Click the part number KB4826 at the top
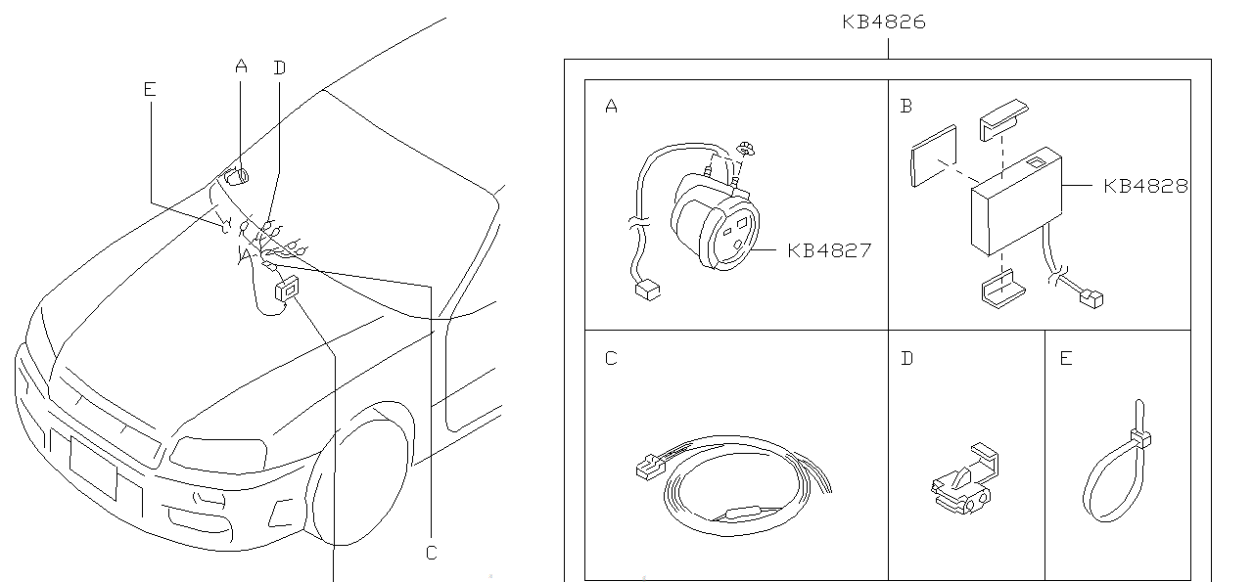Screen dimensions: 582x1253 pyautogui.click(x=884, y=22)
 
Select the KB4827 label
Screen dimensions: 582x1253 pyautogui.click(x=829, y=250)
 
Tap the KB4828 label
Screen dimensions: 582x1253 pyautogui.click(x=1145, y=186)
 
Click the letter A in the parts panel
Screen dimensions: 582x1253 pyautogui.click(x=612, y=107)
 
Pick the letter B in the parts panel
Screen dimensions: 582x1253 pyautogui.click(x=906, y=107)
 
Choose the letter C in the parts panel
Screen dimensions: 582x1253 pyautogui.click(x=612, y=358)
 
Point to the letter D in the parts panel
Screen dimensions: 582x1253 pyautogui.click(x=907, y=358)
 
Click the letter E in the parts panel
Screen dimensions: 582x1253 pyautogui.click(x=1066, y=358)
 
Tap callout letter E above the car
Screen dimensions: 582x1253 pyautogui.click(x=149, y=90)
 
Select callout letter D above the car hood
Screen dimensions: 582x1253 pyautogui.click(x=280, y=67)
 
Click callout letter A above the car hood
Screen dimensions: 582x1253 pyautogui.click(x=242, y=67)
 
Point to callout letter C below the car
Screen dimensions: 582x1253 pyautogui.click(x=432, y=554)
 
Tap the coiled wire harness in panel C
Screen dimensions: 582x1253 pyautogui.click(x=729, y=489)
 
